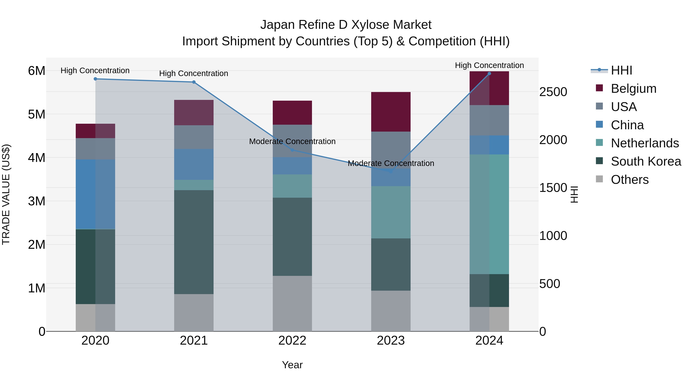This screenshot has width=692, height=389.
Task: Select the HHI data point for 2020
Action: click(x=95, y=79)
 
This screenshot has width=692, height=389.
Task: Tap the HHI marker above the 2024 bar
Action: click(x=489, y=74)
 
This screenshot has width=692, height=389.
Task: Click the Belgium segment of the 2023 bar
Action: click(x=391, y=112)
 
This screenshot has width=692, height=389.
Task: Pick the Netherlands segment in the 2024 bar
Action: click(x=489, y=214)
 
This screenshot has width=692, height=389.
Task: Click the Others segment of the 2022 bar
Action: click(x=292, y=303)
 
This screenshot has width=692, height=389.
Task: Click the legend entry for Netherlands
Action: click(x=645, y=143)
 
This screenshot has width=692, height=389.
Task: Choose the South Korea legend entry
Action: click(x=646, y=161)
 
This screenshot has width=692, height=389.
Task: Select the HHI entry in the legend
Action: click(x=621, y=70)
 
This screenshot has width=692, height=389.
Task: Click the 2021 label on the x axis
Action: click(x=194, y=341)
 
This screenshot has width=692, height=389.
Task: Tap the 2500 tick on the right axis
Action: click(x=553, y=92)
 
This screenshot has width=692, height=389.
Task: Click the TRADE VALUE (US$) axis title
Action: click(x=6, y=194)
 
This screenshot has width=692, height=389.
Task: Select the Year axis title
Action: click(x=292, y=365)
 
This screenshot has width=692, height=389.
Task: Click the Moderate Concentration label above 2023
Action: click(x=391, y=163)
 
